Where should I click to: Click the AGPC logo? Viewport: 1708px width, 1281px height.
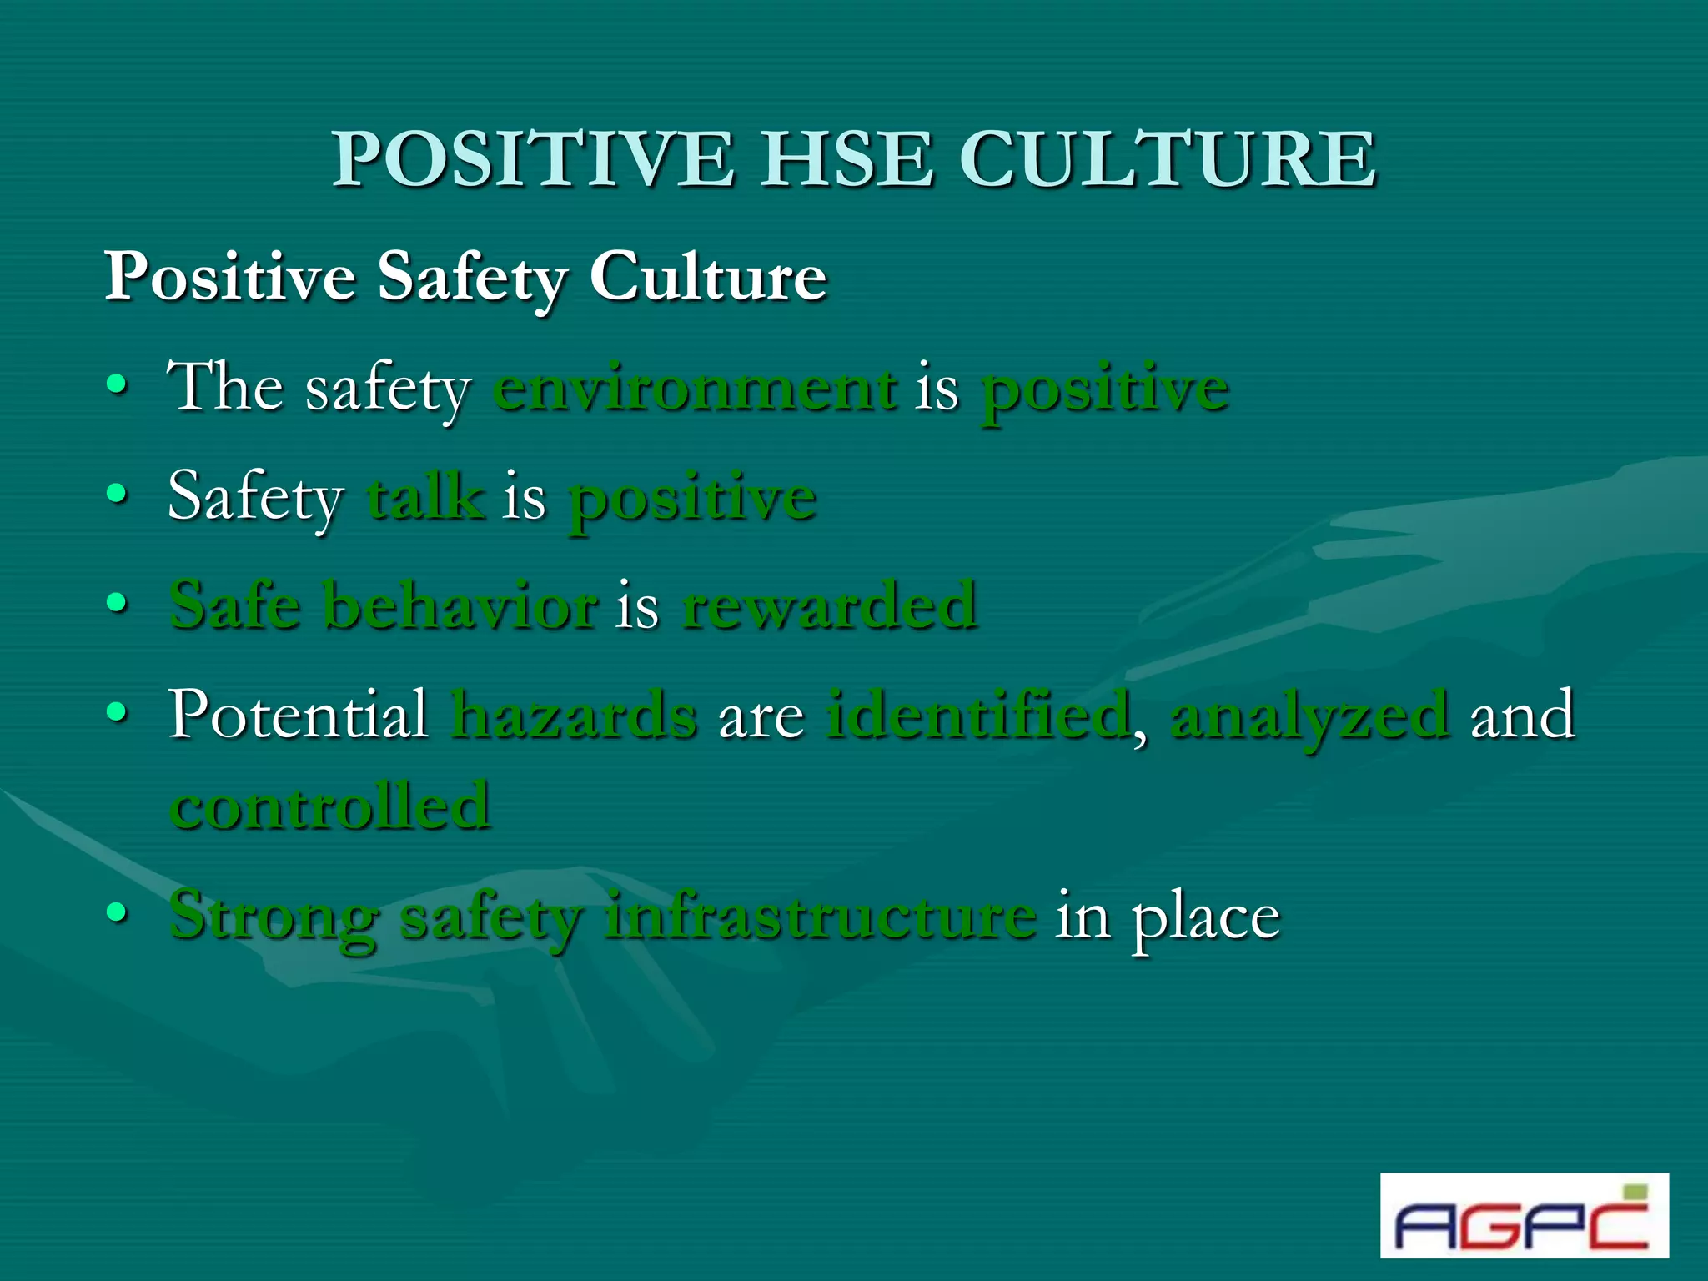1523,1215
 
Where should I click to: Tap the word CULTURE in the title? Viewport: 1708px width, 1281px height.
1168,159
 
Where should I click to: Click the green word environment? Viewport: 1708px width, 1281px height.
696,389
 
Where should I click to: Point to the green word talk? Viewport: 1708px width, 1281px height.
426,498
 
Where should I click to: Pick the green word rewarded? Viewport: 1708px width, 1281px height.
829,606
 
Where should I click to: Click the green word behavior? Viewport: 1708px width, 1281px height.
460,606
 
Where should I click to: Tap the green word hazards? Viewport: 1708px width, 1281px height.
574,716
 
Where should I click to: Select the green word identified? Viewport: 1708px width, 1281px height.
978,716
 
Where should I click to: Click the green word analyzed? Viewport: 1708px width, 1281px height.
1309,716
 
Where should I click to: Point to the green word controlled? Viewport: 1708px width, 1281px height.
330,807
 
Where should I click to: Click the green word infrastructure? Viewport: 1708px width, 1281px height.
821,917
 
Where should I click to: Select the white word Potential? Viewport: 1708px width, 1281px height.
298,716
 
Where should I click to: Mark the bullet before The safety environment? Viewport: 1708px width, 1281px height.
118,386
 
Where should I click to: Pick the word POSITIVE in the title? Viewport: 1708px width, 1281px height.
534,159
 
